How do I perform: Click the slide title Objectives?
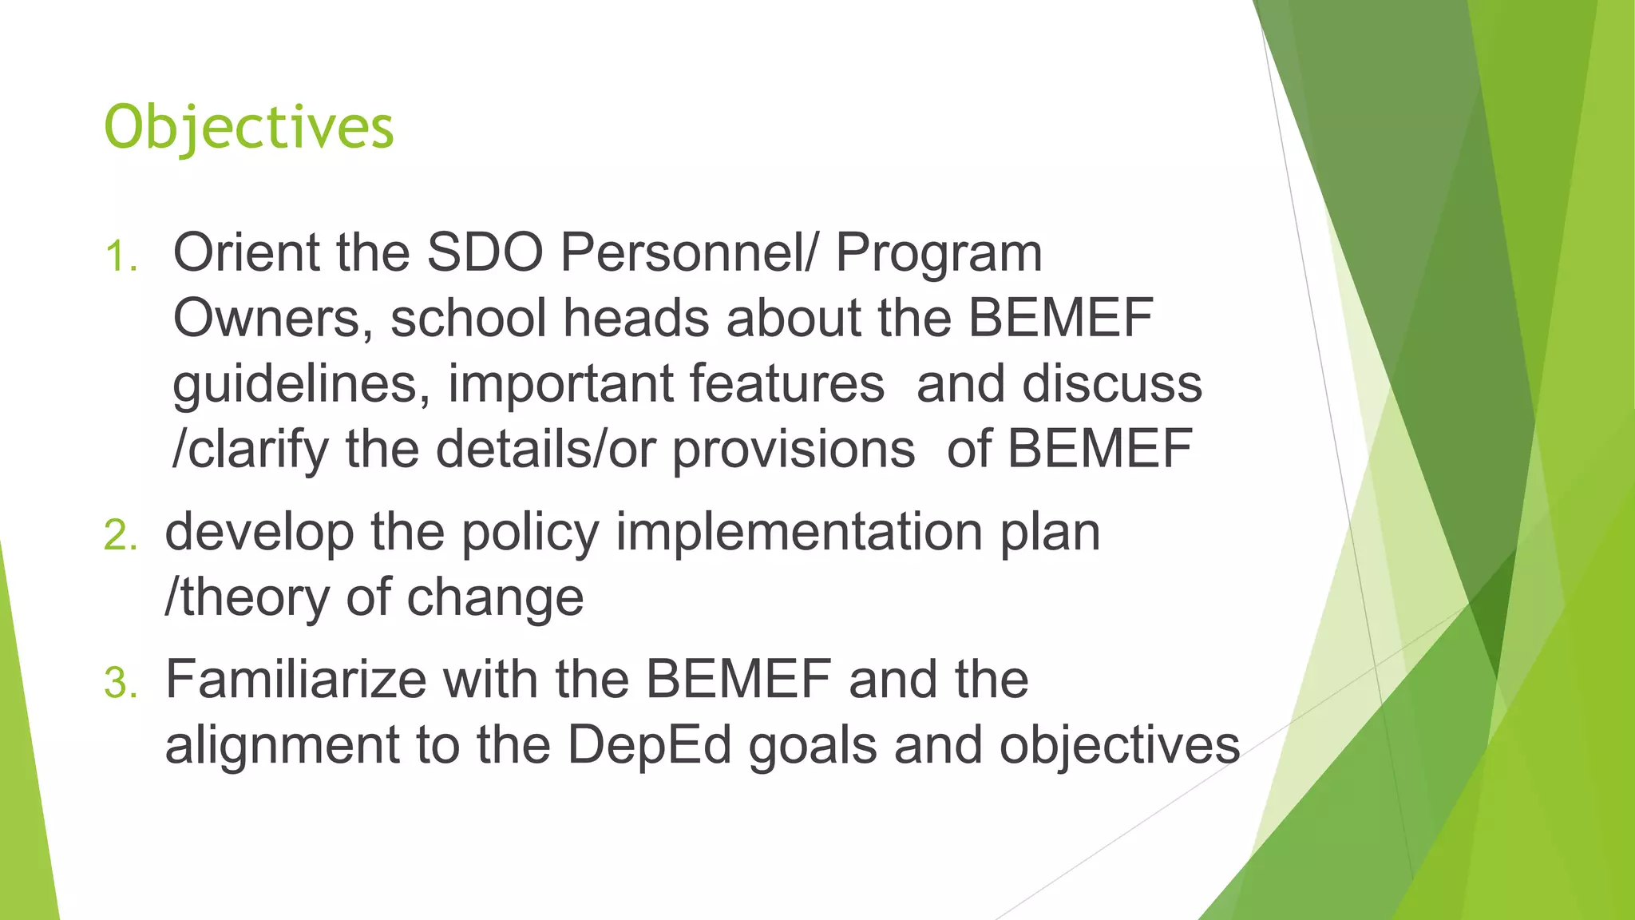click(249, 128)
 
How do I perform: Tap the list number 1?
click(121, 257)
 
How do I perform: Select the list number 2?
click(121, 535)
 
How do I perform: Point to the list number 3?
click(121, 684)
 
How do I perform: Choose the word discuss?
click(1112, 384)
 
